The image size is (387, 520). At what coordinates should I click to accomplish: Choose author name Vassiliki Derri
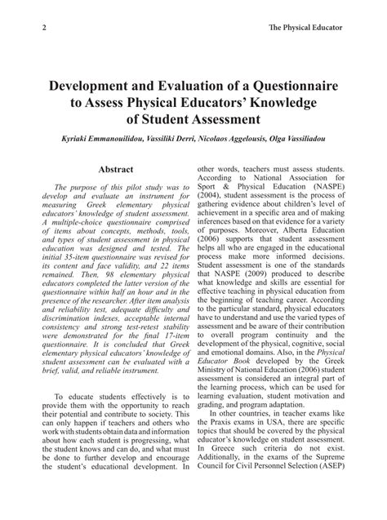[170, 140]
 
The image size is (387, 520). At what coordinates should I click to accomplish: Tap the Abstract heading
[115, 170]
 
